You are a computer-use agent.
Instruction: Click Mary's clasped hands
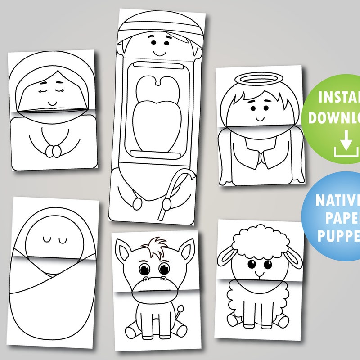54,151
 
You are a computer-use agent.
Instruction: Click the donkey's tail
180,310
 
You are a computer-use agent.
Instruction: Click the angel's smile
259,119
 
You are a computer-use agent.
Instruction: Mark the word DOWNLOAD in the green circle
335,118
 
